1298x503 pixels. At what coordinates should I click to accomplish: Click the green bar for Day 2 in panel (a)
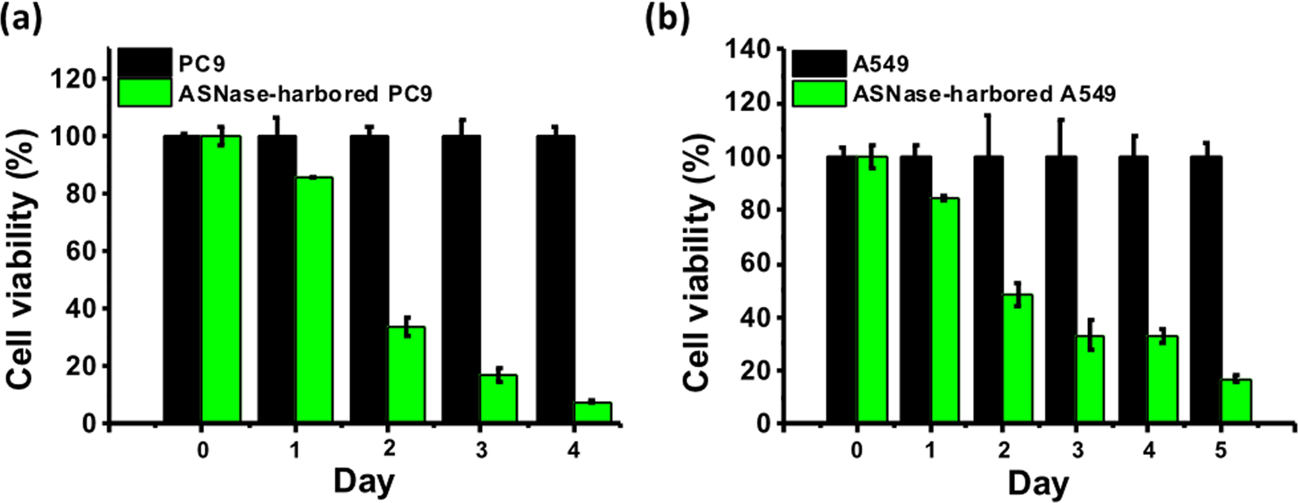click(406, 375)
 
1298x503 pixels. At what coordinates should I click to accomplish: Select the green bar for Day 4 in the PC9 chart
click(592, 412)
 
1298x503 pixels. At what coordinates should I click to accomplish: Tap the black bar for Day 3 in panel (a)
click(461, 279)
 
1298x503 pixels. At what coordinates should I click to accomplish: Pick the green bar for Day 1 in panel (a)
click(313, 300)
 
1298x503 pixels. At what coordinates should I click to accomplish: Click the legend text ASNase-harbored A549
click(984, 94)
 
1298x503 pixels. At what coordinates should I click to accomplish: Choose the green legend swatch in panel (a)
click(144, 93)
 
